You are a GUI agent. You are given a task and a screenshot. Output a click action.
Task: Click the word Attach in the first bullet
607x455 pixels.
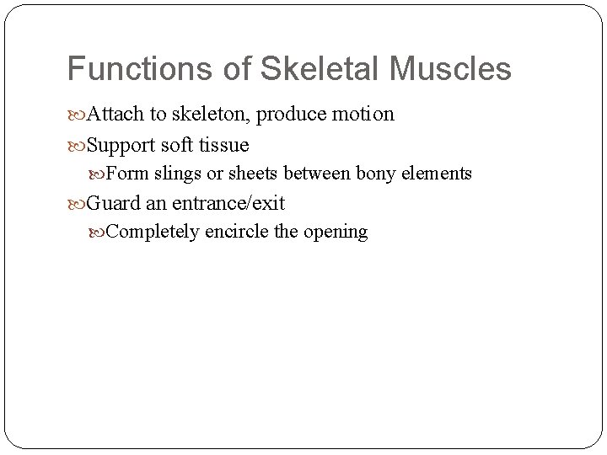[x=116, y=115]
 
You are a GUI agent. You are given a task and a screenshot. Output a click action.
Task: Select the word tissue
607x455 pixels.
[x=223, y=145]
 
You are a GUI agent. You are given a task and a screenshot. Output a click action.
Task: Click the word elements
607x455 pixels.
[x=437, y=174]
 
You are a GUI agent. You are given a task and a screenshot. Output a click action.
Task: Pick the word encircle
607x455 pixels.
[x=236, y=232]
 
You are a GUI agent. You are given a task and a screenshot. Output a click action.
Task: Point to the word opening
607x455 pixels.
[x=336, y=232]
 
